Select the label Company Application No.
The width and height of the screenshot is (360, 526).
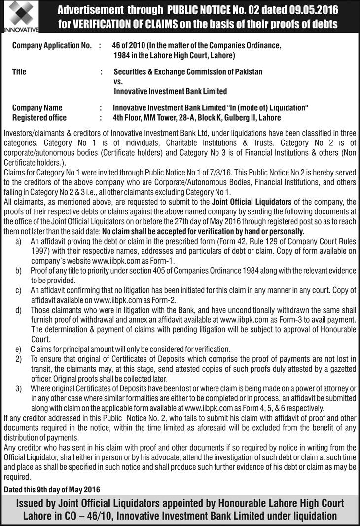52,46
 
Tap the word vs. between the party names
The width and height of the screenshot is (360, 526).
118,81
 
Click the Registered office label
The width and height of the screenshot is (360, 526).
39,118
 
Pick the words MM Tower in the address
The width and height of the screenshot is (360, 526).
155,118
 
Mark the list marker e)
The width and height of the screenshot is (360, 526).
18,349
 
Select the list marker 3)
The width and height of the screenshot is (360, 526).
18,389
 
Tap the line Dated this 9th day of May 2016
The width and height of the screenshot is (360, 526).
52,490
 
